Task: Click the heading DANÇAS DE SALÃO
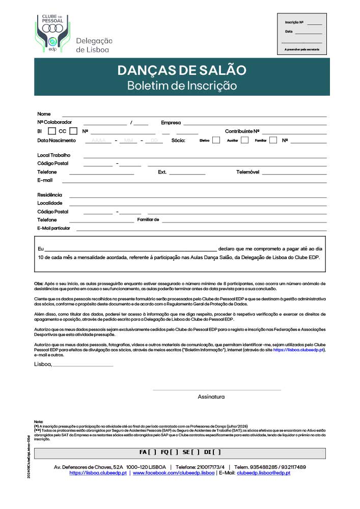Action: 182,70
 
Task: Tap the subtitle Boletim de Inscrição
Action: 182,86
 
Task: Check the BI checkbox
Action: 51,131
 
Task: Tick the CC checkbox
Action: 73,131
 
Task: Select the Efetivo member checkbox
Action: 216,140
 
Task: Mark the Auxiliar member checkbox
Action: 244,140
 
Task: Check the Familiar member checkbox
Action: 273,140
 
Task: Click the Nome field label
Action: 44,114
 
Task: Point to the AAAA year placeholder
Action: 98,140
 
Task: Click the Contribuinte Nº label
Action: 242,131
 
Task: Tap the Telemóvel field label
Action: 247,172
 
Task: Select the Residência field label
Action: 49,195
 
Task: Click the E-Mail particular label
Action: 53,228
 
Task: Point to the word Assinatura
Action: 211,397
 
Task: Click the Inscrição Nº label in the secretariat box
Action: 294,22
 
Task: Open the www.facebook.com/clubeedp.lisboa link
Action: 173,473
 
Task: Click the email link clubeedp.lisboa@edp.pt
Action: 263,473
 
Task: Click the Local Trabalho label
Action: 53,155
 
